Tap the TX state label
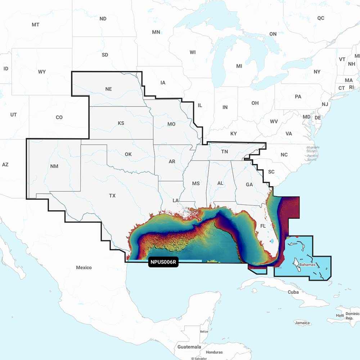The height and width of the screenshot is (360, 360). pos(112,196)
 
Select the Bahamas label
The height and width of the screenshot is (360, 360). pos(307,265)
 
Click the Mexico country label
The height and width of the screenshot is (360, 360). pos(84,267)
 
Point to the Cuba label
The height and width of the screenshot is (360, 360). pos(293,292)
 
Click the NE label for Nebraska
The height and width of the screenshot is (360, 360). pos(108,89)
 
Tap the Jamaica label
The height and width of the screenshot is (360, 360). pos(302,323)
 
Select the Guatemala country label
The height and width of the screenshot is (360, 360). pos(189,347)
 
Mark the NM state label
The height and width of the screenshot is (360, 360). pos(54,166)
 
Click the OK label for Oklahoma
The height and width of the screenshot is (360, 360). pos(128,154)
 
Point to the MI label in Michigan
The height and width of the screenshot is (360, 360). pos(239,66)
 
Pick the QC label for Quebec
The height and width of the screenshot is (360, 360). pos(320,18)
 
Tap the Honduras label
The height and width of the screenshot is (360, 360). pos(214,352)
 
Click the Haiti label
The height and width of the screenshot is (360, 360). pos(340,315)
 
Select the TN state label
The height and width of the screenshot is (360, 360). pos(224,152)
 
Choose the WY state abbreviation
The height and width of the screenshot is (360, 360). pos(42,72)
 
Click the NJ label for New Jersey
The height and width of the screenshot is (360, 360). pos(325,104)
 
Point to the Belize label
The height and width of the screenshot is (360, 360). pos(204,331)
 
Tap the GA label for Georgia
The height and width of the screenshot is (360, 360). pos(249,184)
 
